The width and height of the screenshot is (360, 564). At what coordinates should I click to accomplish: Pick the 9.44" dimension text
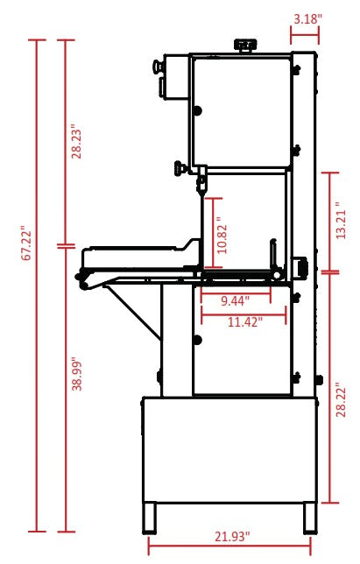point(234,300)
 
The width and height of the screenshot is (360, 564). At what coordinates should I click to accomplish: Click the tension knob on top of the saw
point(246,44)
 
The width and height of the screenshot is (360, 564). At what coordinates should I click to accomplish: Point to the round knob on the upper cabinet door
point(199,110)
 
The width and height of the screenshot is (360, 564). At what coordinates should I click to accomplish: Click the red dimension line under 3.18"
point(305,37)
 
